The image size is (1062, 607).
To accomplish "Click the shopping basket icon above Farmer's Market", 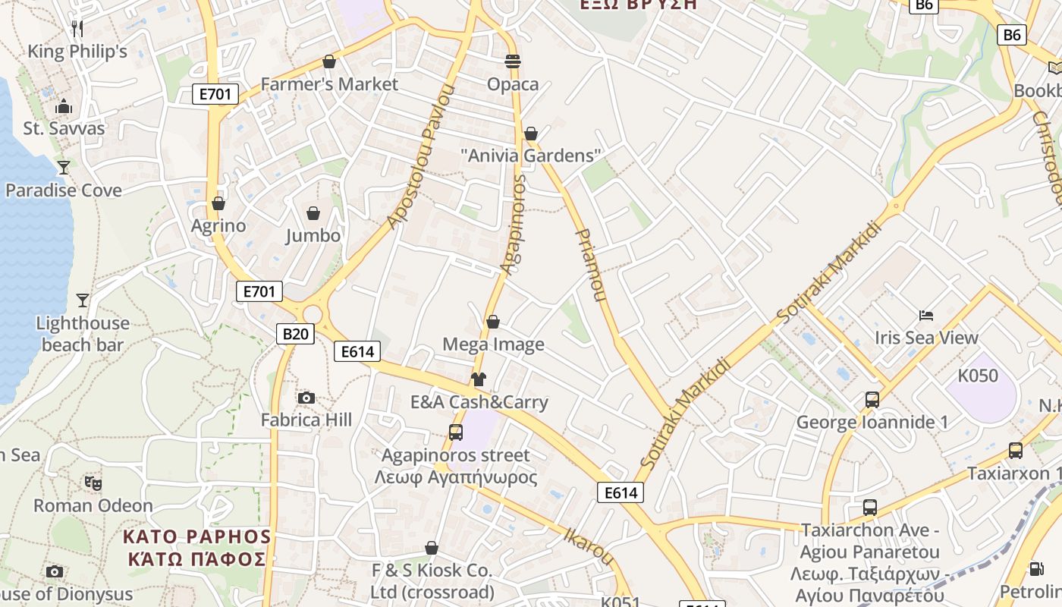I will click(329, 61).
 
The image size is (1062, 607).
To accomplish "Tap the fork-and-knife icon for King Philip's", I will click(77, 29).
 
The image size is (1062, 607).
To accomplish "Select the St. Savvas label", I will click(64, 128).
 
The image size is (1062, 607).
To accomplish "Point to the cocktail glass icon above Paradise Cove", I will click(64, 167).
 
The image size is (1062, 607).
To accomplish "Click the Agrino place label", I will click(218, 225).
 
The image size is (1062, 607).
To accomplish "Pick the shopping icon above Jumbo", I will click(313, 213).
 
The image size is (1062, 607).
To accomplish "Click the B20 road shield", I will click(295, 334).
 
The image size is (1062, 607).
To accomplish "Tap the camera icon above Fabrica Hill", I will click(306, 398).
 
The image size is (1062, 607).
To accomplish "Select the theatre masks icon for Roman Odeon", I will click(93, 483).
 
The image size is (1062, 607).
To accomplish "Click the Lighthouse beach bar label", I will click(82, 334).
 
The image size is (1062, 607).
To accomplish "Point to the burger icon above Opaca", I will click(513, 61).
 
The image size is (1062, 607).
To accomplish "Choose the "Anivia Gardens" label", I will click(531, 156).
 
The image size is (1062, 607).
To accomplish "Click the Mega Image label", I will click(493, 344).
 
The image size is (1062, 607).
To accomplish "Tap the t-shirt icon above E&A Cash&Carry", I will click(478, 379).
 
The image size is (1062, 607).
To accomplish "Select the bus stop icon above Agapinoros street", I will click(456, 432).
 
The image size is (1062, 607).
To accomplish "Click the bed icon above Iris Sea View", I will click(925, 316).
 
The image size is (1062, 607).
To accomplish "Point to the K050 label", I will click(978, 376).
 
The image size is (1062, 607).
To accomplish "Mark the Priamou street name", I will click(591, 265).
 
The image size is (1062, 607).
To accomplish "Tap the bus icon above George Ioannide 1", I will click(872, 399).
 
